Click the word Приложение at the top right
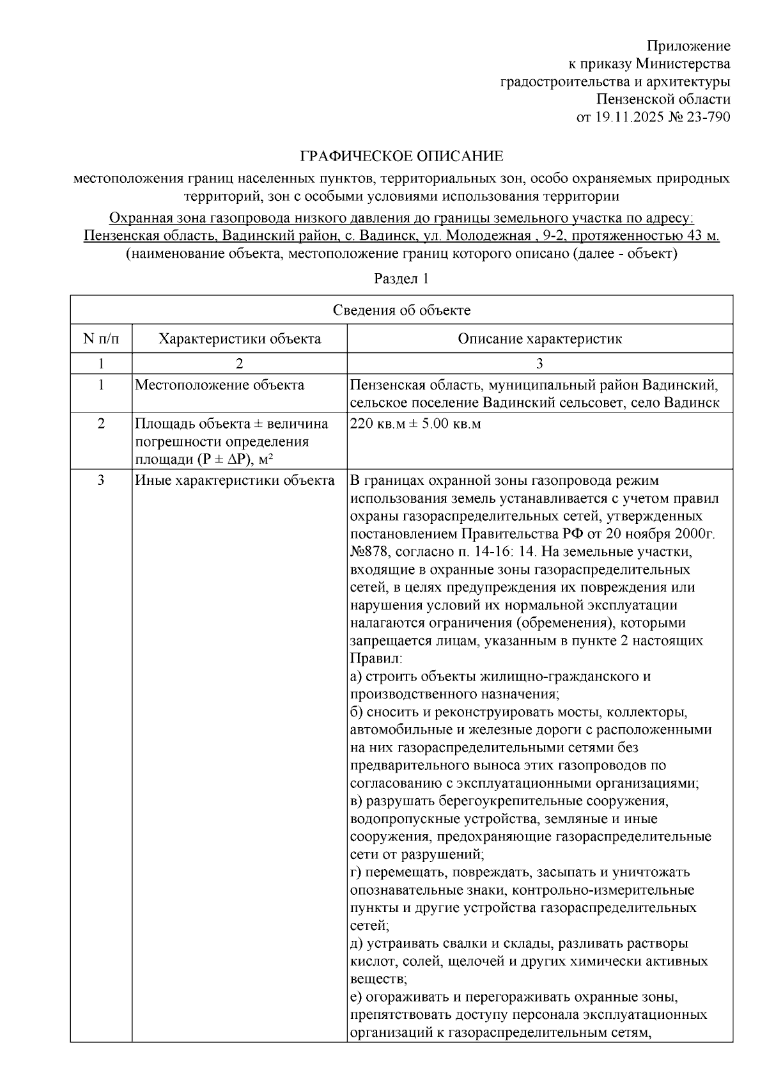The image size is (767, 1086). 688,46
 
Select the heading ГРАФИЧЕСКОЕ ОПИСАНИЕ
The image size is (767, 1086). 402,156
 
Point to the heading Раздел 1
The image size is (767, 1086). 401,279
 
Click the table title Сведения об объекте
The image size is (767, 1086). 401,310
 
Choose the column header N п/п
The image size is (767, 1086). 101,338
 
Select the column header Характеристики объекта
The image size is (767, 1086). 240,338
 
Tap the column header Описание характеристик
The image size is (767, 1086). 539,338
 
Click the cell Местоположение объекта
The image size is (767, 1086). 219,385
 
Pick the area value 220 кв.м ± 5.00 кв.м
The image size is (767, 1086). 415,424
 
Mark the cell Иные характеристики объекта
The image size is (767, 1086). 235,480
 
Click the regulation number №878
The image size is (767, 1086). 369,551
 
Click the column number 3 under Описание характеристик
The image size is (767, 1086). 539,363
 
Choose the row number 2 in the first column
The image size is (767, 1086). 101,424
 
